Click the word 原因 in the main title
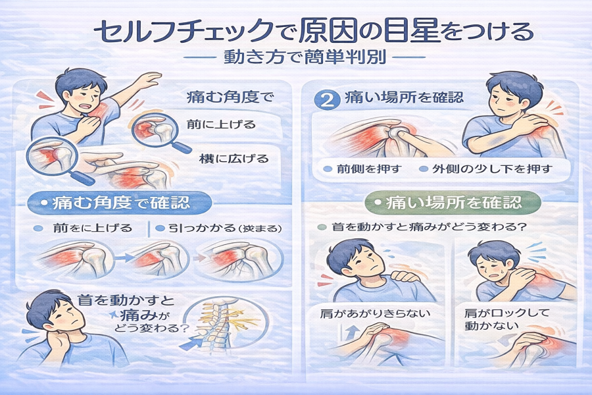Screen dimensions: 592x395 click(x=328, y=32)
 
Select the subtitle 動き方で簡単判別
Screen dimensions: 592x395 click(x=305, y=57)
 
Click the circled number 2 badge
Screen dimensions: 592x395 click(x=327, y=99)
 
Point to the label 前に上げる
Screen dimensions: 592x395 click(x=221, y=124)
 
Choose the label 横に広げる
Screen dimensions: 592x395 click(x=234, y=158)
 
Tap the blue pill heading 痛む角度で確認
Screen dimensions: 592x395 click(x=120, y=203)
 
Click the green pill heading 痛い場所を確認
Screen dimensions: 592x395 click(x=453, y=203)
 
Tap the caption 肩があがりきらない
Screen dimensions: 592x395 click(x=375, y=313)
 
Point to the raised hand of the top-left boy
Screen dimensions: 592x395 click(x=149, y=80)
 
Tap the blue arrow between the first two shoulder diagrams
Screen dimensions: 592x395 click(x=124, y=258)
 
